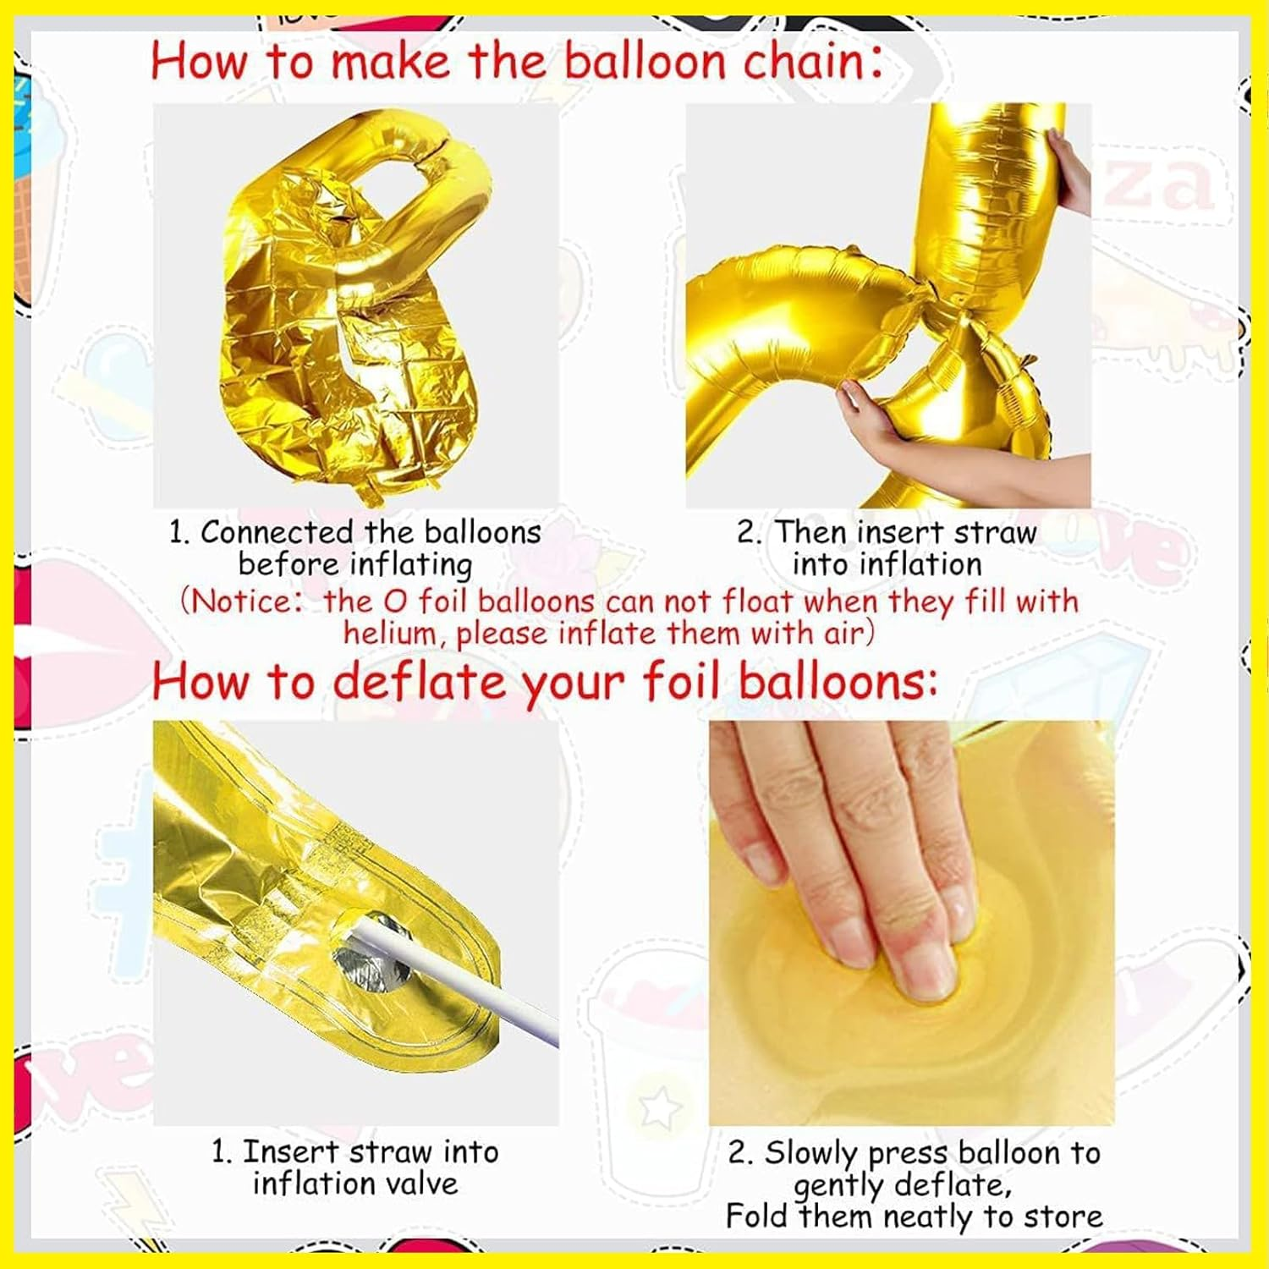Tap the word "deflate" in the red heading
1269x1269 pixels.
pyautogui.click(x=419, y=682)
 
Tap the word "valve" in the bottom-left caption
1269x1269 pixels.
pyautogui.click(x=415, y=1183)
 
